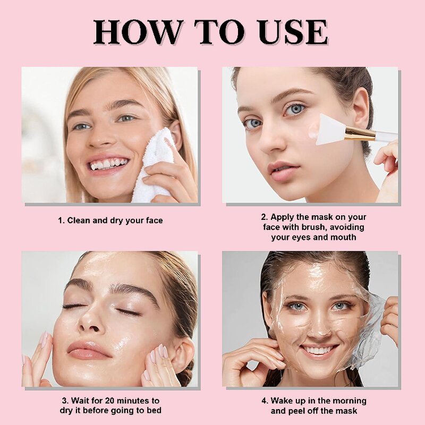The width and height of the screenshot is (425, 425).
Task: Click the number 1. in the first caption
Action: (61, 220)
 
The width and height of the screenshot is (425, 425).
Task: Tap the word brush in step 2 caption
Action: (324, 227)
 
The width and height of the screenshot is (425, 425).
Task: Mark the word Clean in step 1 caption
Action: (78, 220)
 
